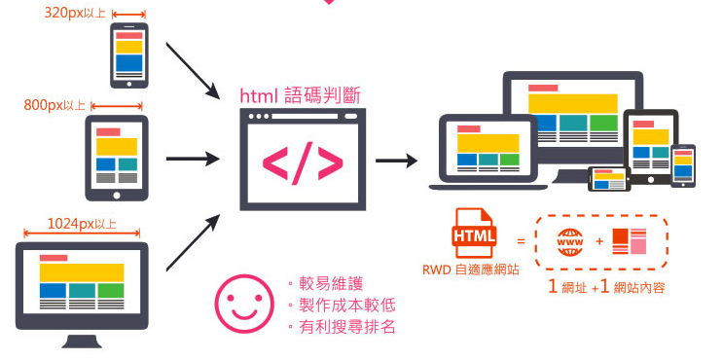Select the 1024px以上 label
pyautogui.click(x=81, y=225)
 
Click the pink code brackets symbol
pyautogui.click(x=303, y=164)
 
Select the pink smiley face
pyautogui.click(x=243, y=304)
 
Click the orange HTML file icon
pyautogui.click(x=474, y=234)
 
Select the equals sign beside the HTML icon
pyautogui.click(x=521, y=240)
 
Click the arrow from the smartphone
pyautogui.click(x=192, y=69)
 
